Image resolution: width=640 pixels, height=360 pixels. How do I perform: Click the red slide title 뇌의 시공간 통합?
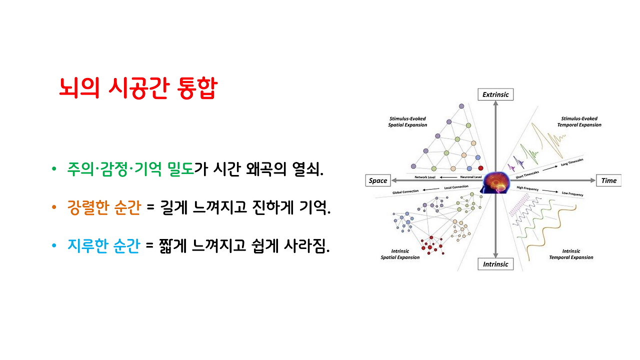pyautogui.click(x=137, y=88)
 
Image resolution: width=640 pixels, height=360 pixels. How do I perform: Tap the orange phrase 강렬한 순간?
pyautogui.click(x=103, y=207)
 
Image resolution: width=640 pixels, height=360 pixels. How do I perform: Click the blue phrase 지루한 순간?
pyautogui.click(x=103, y=246)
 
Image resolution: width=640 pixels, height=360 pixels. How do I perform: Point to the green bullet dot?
pyautogui.click(x=54, y=169)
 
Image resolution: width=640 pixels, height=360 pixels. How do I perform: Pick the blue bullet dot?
pyautogui.click(x=54, y=247)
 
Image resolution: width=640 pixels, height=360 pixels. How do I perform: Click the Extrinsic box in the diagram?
pyautogui.click(x=495, y=94)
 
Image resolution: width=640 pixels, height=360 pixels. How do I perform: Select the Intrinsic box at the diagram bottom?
pyautogui.click(x=495, y=264)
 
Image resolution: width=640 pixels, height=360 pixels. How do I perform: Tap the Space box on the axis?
pyautogui.click(x=378, y=180)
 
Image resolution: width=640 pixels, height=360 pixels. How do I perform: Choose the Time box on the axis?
pyautogui.click(x=608, y=180)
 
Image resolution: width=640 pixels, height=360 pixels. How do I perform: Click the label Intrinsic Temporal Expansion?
pyautogui.click(x=571, y=254)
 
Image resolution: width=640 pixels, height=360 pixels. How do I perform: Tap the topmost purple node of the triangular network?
pyautogui.click(x=461, y=106)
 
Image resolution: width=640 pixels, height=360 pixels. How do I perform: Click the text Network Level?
pyautogui.click(x=425, y=177)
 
